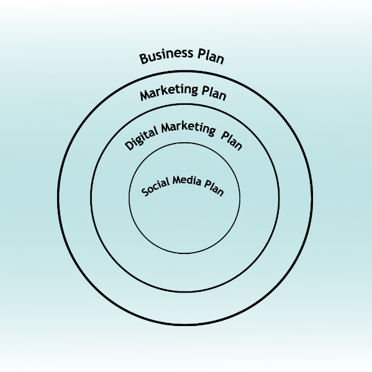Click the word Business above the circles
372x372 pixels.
point(166,56)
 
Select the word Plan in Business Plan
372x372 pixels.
point(211,57)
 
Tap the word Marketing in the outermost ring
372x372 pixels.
point(169,92)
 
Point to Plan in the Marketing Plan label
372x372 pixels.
point(214,93)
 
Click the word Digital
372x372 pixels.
point(142,138)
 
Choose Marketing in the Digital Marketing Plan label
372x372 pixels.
point(189,129)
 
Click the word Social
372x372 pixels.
point(156,187)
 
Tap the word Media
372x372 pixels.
point(187,181)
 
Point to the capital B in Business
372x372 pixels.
point(144,59)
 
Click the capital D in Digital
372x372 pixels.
point(129,145)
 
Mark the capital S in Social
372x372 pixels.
point(145,192)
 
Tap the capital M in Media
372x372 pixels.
point(177,181)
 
